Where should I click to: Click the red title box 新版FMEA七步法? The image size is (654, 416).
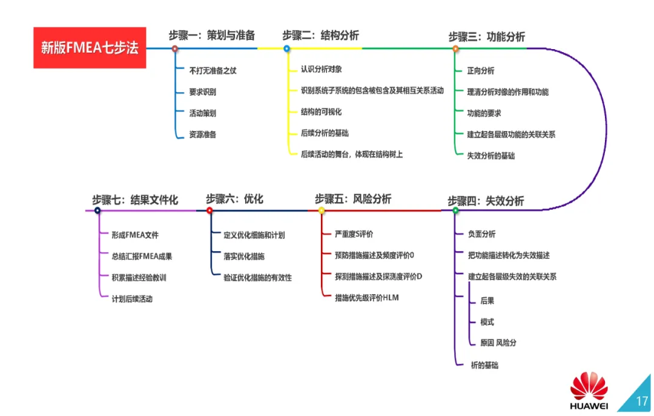pos(90,47)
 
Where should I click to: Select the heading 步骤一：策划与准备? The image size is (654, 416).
pos(211,35)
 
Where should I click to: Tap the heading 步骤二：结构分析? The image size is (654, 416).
pos(325,35)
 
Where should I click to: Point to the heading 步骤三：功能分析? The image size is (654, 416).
pos(486,36)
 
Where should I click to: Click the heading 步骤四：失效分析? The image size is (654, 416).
pos(486,201)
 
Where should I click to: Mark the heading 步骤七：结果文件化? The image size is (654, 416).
pos(135,200)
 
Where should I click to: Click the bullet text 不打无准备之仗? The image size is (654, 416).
pos(213,71)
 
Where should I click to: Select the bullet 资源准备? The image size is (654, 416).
pos(203,134)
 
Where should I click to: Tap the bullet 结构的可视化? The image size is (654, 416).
pos(321,112)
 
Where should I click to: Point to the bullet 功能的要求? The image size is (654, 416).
pos(484,113)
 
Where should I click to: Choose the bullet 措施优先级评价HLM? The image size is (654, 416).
pos(367,298)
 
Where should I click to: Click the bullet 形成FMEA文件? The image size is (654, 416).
pos(135,235)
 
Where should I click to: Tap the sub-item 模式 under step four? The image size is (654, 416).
pos(487,321)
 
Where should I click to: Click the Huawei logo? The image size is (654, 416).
pos(589,391)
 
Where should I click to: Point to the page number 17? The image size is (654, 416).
pos(642,401)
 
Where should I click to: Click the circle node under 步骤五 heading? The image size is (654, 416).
pos(322,210)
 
